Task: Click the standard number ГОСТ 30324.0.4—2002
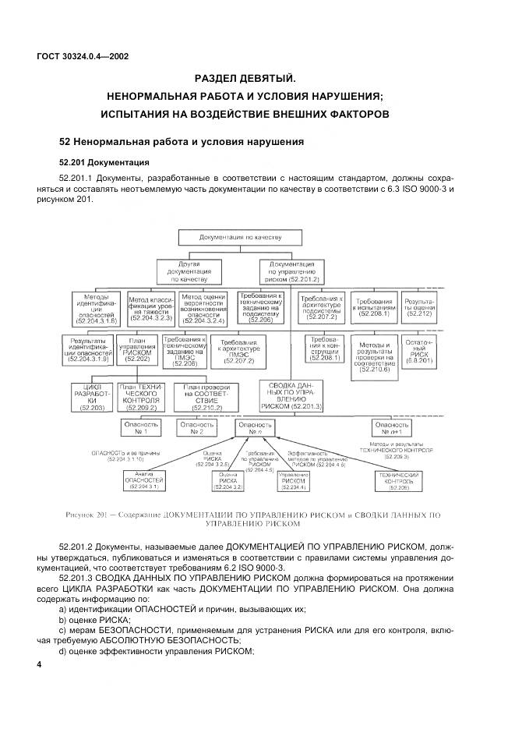pyautogui.click(x=82, y=56)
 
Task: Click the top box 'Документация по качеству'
pyautogui.click(x=239, y=236)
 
